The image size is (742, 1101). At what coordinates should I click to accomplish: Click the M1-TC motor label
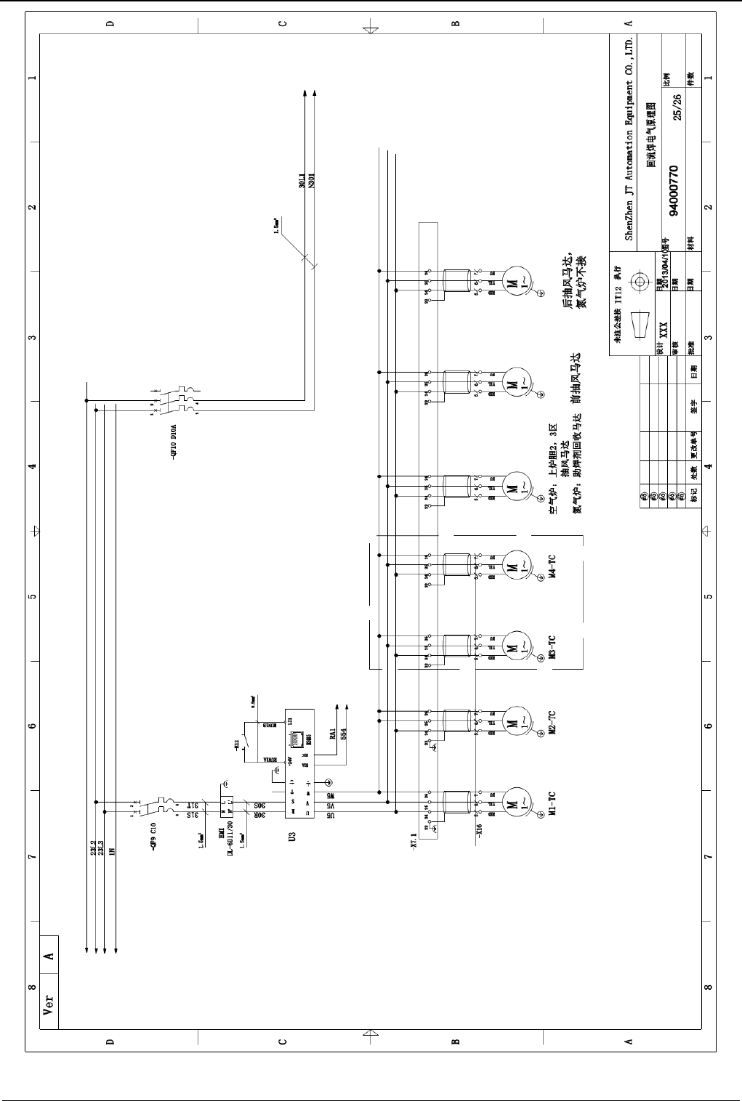[x=552, y=804]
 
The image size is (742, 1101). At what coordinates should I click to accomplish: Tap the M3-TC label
[x=552, y=646]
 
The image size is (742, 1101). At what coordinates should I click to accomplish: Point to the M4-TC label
[x=552, y=567]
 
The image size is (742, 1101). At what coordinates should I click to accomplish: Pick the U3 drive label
[x=291, y=837]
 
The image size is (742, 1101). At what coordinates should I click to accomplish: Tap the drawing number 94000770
[x=674, y=190]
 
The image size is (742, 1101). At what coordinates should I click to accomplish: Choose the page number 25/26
[x=678, y=106]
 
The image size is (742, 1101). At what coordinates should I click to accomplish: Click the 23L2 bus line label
[x=94, y=848]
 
